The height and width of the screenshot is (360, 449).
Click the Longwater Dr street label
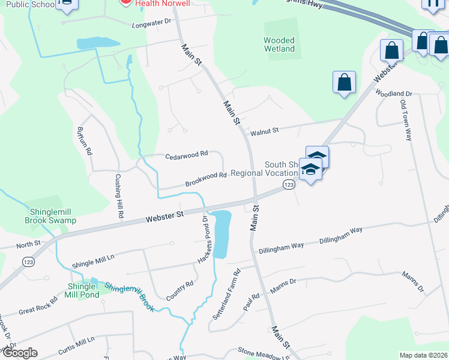coord(151,23)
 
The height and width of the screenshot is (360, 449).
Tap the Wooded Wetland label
coord(279,44)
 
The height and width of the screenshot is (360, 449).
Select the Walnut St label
coord(265,131)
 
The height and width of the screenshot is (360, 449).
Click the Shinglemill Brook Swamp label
coord(50,216)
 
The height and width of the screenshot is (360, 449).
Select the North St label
coord(28,244)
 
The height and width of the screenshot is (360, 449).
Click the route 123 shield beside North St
coord(26,262)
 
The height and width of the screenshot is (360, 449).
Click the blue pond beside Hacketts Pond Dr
coord(220,233)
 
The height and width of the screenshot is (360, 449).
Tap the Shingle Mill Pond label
coord(83,290)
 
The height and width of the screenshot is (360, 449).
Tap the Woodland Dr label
coord(394,94)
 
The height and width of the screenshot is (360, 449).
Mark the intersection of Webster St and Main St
coord(254,199)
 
